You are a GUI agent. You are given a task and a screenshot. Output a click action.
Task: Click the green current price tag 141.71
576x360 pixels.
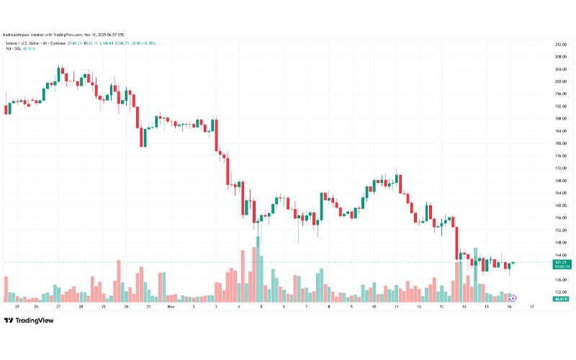[x=559, y=262]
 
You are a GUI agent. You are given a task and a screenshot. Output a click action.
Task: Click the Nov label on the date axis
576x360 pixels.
[x=171, y=306]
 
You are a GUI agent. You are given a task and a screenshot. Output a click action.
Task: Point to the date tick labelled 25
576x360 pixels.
[x=15, y=306]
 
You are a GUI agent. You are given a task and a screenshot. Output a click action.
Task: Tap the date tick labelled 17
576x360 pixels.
[x=531, y=306]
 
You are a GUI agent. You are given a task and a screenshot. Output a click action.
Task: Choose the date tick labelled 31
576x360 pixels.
[x=148, y=306]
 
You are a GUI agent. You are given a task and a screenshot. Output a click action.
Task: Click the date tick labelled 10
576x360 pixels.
[x=374, y=306]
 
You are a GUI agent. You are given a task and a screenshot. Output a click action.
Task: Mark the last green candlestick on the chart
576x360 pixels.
[x=512, y=263]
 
